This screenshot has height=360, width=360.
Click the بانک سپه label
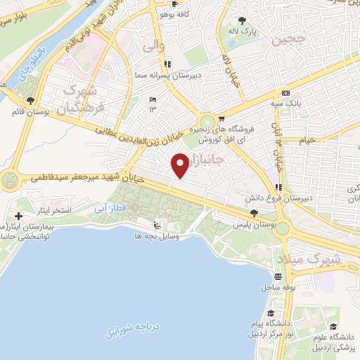pyautogui.click(x=290, y=103)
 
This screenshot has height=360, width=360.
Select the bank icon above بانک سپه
pyautogui.click(x=285, y=93)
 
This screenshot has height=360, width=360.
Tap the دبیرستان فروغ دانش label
pyautogui.click(x=309, y=198)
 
